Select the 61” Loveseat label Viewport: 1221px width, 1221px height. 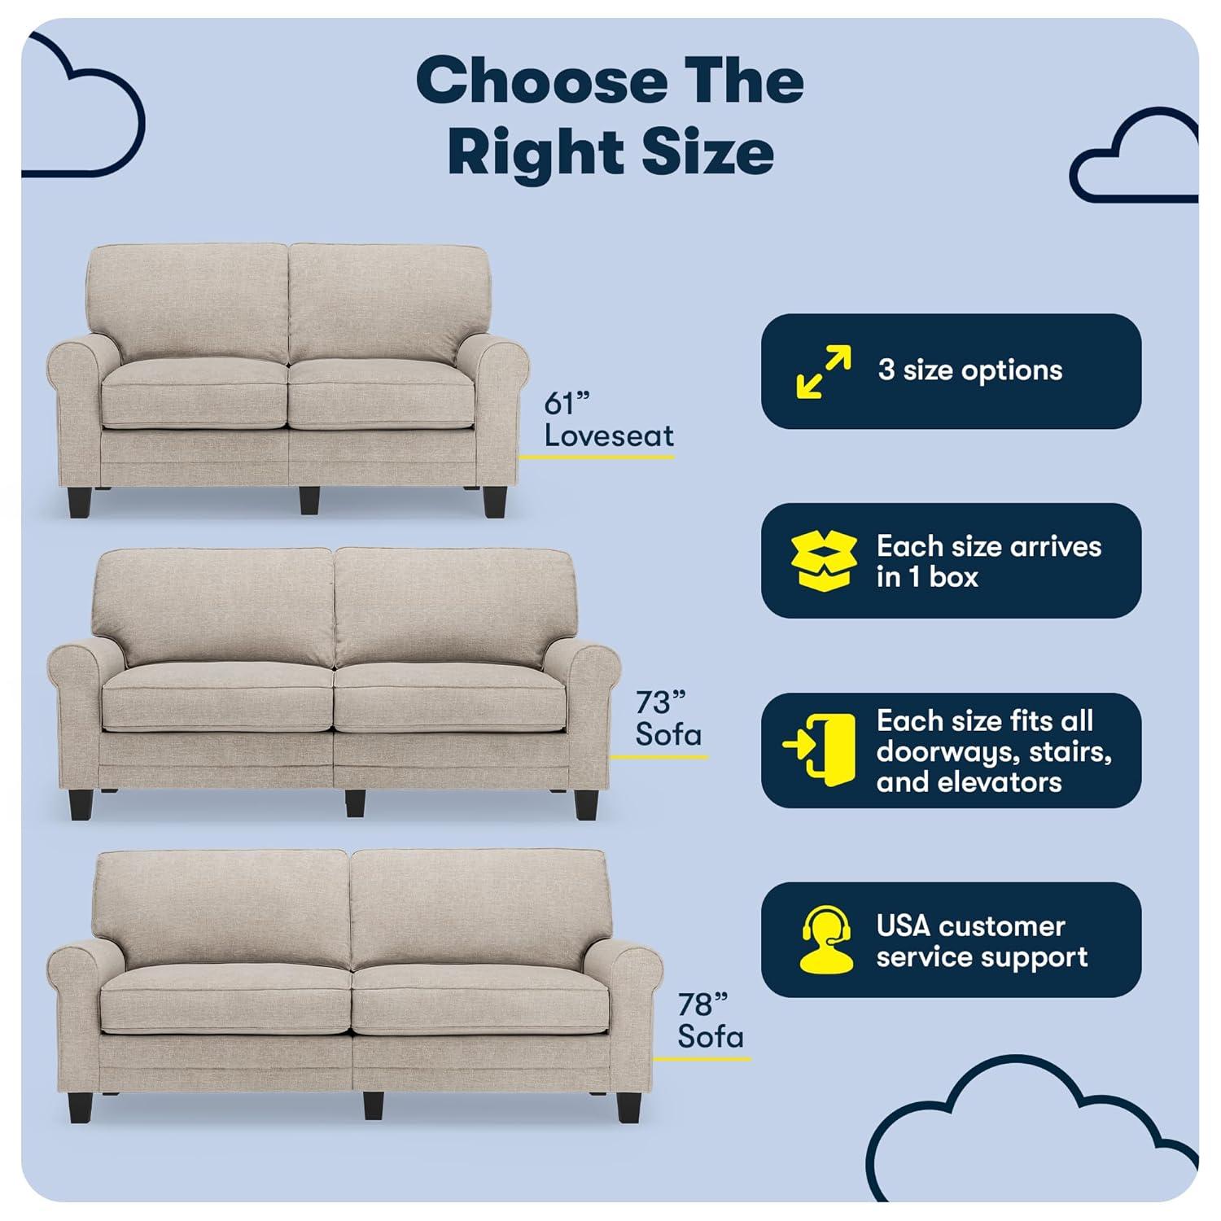point(608,420)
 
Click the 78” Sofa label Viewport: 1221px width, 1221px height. point(710,1022)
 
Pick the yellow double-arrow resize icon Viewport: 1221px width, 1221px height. point(824,371)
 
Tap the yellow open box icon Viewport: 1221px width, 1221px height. point(824,561)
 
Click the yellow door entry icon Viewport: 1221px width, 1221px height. point(821,750)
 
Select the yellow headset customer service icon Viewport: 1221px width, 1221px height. point(825,939)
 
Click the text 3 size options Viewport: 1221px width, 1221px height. point(969,371)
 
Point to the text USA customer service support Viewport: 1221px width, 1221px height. point(981,941)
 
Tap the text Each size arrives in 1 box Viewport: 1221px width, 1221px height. point(988,561)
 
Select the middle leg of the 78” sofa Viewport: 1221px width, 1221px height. point(373,1105)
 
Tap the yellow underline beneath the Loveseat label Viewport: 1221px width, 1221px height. point(597,457)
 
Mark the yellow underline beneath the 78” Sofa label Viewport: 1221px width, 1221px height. point(702,1060)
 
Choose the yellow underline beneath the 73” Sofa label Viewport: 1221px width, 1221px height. point(659,757)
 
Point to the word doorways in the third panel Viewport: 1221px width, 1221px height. point(945,751)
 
